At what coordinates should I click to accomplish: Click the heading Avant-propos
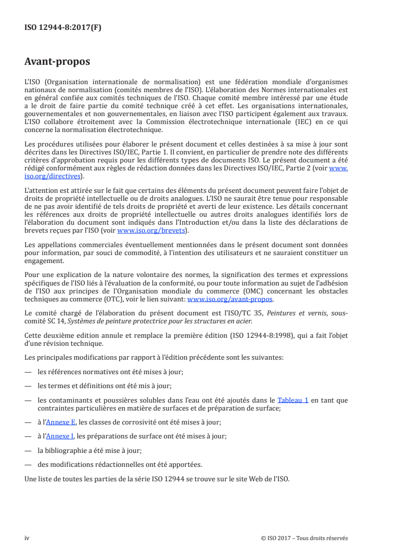point(57,62)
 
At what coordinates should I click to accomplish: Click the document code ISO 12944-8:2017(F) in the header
point(63,28)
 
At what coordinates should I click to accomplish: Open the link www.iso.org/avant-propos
point(230,299)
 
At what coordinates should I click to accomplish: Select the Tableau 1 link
point(293,400)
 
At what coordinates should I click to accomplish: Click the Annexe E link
point(61,422)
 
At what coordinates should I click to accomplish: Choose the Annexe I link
point(60,436)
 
